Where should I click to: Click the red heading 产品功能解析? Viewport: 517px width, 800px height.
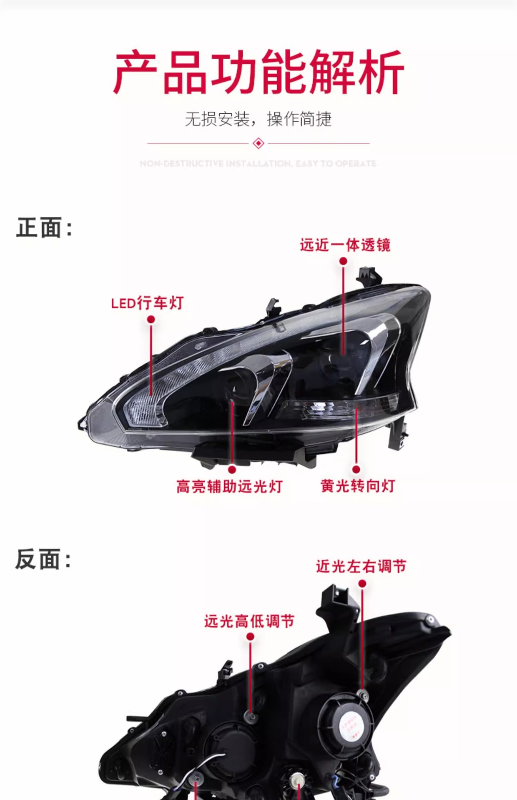258,72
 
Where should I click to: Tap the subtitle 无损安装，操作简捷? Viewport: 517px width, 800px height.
258,120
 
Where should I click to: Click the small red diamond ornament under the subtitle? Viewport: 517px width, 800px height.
258,143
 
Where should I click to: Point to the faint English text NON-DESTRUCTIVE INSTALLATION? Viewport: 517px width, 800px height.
258,163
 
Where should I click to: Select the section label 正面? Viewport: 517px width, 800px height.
44,228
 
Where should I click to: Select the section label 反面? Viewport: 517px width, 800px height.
43,559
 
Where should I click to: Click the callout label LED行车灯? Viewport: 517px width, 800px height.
148,303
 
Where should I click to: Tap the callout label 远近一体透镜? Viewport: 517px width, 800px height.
345,245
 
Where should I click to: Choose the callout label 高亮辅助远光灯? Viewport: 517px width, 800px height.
230,486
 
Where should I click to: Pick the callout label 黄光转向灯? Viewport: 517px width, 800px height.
358,486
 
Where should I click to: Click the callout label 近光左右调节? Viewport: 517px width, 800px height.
361,566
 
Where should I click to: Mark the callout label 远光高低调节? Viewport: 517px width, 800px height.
249,621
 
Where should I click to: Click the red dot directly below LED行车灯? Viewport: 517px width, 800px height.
151,319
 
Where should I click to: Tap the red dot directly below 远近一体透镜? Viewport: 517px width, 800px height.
343,261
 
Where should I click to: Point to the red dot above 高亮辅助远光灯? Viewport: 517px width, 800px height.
232,470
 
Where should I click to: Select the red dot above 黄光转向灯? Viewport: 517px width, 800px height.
356,470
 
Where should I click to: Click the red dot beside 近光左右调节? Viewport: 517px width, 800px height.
362,584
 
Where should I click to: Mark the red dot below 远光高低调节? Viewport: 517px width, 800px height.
250,637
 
